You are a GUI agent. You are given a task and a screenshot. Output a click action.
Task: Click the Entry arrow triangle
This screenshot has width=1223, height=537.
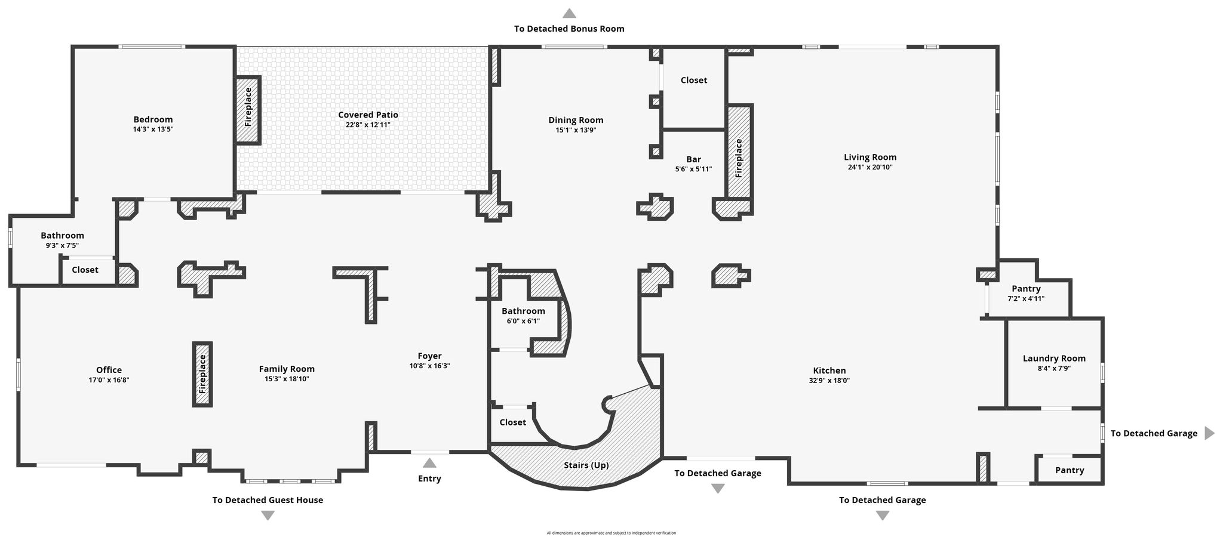(429, 462)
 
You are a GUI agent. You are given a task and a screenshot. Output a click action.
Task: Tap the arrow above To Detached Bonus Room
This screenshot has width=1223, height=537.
(570, 13)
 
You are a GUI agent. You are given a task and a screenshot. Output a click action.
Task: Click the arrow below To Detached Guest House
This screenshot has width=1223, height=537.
(268, 516)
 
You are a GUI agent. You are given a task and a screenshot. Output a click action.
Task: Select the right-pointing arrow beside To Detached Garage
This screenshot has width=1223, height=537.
(1209, 433)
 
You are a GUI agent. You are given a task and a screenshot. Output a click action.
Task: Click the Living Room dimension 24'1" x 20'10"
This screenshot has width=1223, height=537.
(870, 168)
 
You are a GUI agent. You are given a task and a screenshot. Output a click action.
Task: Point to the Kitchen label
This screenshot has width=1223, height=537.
(829, 371)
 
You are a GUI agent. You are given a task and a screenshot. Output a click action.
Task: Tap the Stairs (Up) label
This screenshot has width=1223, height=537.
(586, 465)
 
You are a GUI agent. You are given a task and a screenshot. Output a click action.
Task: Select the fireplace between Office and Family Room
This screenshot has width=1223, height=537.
(202, 374)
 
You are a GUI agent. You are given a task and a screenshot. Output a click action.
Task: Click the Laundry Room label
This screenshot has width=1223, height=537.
(1054, 359)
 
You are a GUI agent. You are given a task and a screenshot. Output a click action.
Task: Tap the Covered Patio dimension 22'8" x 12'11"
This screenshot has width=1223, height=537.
(368, 125)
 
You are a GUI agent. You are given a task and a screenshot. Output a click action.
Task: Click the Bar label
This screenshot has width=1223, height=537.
(693, 159)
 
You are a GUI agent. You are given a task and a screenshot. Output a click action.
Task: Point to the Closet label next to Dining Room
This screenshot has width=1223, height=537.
(694, 80)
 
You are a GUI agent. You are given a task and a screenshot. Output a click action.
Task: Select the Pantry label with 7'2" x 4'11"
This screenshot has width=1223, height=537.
(1026, 289)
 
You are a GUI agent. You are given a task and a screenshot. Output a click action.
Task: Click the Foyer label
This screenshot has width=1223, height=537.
(429, 356)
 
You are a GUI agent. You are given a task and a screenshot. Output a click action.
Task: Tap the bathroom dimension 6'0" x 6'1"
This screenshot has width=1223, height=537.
(523, 321)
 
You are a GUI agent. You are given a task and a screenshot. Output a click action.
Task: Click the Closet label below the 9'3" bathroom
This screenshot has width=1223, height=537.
(85, 270)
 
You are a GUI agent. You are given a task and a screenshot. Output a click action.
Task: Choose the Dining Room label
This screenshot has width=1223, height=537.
(576, 120)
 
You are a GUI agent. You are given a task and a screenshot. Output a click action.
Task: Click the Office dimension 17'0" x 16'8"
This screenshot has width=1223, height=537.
(109, 380)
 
